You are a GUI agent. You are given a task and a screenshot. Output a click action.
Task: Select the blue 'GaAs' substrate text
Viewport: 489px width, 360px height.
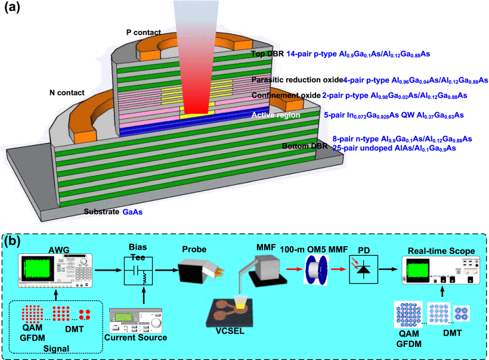point(132,212)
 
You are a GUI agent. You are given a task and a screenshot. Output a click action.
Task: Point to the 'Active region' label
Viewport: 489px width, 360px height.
point(276,115)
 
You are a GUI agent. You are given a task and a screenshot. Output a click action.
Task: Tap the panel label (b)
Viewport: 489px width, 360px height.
point(15,242)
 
